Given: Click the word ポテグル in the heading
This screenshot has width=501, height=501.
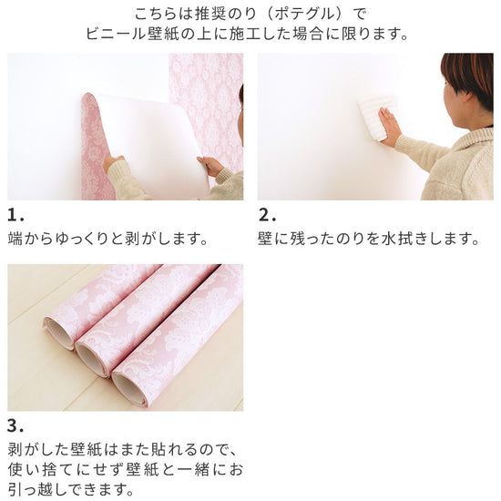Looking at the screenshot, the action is point(303,15).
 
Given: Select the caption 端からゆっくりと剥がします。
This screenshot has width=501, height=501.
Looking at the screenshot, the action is point(108,239).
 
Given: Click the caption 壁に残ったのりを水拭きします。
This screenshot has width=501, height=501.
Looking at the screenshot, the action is point(368,239).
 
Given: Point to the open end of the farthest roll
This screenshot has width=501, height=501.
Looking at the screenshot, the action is point(58,332).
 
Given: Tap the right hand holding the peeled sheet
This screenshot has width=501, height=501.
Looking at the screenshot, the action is point(211,166).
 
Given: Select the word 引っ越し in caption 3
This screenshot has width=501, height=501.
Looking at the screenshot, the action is point(39,489).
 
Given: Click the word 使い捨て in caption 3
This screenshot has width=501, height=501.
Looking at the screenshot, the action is point(39,470).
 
